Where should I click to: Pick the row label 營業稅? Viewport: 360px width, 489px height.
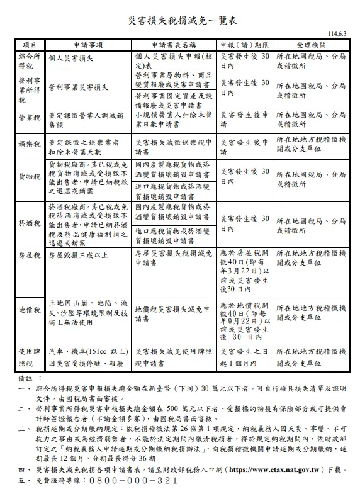[29, 120]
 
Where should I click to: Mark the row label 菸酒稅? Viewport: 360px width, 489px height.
[29, 223]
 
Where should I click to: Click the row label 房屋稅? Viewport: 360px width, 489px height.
[29, 255]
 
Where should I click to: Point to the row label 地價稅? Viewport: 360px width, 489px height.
[29, 310]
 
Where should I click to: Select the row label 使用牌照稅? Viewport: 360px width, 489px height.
[29, 358]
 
